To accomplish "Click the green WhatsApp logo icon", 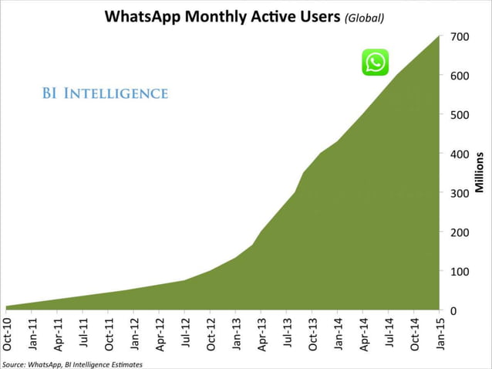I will click(376, 63).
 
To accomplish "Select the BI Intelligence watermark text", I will click(105, 94).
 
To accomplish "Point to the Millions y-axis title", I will click(479, 172).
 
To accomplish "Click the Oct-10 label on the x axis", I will click(7, 334).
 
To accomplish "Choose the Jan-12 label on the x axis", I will click(134, 334).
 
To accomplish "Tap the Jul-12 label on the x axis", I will click(185, 334).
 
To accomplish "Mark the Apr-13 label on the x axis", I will click(261, 334).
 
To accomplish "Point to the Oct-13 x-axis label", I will click(312, 334).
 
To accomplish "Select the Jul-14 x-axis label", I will click(389, 334).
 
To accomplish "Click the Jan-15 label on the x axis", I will click(440, 334).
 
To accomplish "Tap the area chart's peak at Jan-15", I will click(439, 37).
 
